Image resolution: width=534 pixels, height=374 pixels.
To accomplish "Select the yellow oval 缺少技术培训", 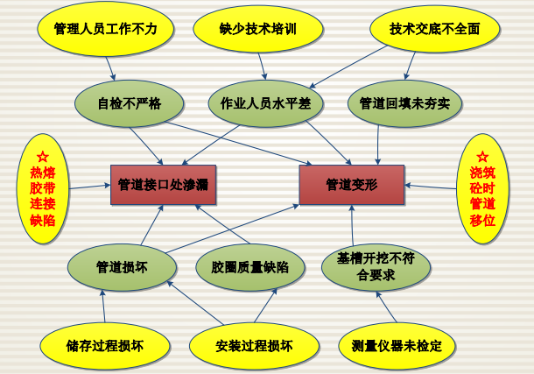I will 257,28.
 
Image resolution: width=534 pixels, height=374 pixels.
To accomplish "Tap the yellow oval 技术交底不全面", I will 435,28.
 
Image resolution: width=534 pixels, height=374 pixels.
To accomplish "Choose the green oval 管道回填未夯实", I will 404,103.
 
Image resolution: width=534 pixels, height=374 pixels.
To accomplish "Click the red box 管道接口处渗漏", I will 162,184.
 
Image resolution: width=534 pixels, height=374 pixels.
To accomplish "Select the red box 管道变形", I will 351,184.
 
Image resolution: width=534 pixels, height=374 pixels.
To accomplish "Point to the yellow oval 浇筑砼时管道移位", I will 482,185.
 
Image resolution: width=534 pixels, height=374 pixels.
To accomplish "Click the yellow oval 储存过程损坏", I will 104,344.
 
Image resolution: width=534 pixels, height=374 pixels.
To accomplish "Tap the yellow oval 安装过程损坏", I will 253,344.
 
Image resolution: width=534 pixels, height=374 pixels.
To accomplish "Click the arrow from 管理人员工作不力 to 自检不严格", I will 111,67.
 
